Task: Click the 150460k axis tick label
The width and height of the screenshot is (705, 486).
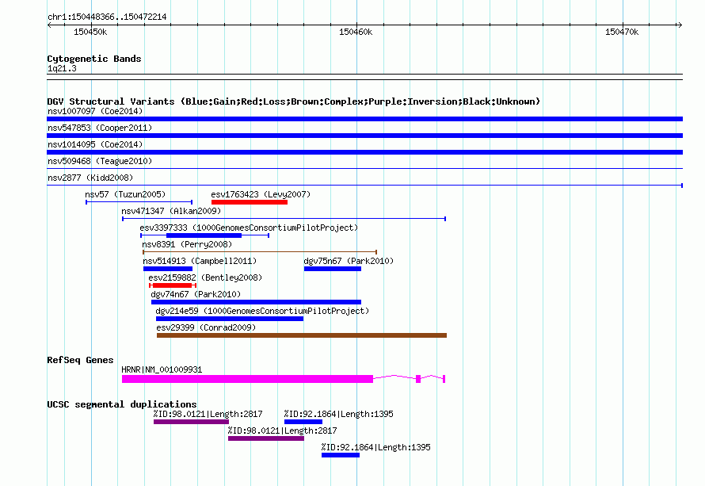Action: pyautogui.click(x=356, y=32)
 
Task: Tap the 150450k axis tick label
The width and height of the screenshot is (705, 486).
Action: pyautogui.click(x=90, y=32)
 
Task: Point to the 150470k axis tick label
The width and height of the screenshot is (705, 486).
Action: pyautogui.click(x=622, y=32)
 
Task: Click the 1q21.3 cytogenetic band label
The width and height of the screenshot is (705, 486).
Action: pyautogui.click(x=62, y=68)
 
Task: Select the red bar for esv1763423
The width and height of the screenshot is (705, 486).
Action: pyautogui.click(x=250, y=202)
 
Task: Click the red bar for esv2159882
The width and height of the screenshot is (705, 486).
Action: pyautogui.click(x=173, y=285)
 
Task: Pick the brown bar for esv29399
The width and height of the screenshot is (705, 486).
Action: pyautogui.click(x=302, y=335)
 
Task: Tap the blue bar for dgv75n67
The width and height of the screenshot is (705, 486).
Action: pyautogui.click(x=333, y=269)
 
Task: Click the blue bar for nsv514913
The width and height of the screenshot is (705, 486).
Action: pyautogui.click(x=168, y=269)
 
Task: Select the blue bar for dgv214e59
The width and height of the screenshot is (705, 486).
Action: pyautogui.click(x=230, y=319)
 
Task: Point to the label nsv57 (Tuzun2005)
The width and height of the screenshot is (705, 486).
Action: pyautogui.click(x=125, y=194)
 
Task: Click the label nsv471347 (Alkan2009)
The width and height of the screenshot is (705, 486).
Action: pyautogui.click(x=171, y=211)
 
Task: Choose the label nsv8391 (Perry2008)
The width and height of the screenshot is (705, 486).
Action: pyautogui.click(x=187, y=244)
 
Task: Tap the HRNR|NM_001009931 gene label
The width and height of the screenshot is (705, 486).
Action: pyautogui.click(x=162, y=369)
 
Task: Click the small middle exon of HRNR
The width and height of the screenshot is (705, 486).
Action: pyautogui.click(x=418, y=379)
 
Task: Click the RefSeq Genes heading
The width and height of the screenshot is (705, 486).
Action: pyautogui.click(x=81, y=360)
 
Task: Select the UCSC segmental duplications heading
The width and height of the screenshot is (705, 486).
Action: pyautogui.click(x=122, y=404)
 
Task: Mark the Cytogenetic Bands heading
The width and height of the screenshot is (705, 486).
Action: pyautogui.click(x=94, y=59)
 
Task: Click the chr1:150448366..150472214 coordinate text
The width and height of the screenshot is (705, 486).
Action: pyautogui.click(x=107, y=17)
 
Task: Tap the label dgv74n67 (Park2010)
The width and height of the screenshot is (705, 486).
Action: pyautogui.click(x=196, y=294)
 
